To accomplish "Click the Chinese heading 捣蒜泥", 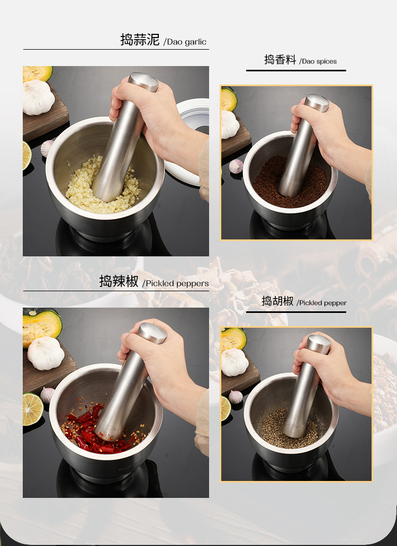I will click(x=140, y=40).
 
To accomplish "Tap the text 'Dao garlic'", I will click(x=185, y=42).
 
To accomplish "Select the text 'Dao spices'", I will click(x=318, y=61).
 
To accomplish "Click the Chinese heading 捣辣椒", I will click(x=119, y=281).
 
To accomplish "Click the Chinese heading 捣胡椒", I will click(x=277, y=301).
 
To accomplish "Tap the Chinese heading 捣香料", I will click(x=280, y=60).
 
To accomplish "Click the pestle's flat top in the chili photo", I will click(x=152, y=332).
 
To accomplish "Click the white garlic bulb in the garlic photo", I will click(x=38, y=98).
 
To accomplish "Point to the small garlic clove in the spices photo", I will click(x=236, y=166).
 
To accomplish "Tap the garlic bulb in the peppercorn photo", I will click(x=234, y=362).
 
